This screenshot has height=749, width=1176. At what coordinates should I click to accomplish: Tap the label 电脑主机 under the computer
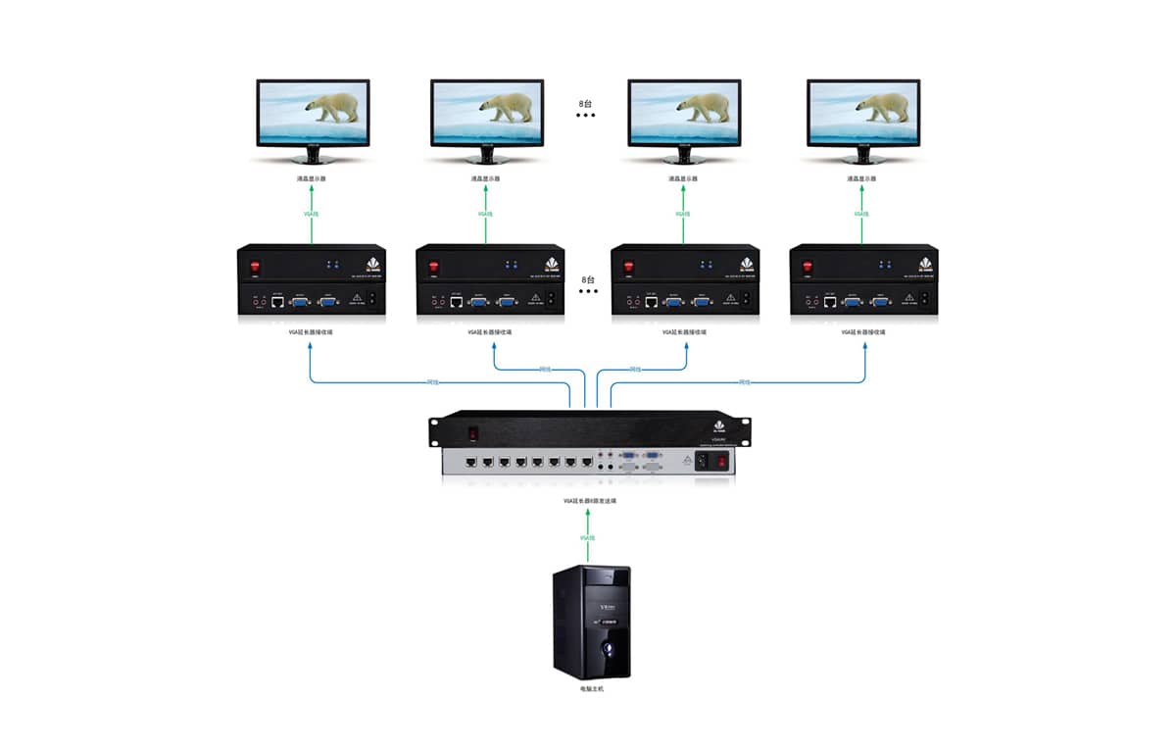pyautogui.click(x=590, y=690)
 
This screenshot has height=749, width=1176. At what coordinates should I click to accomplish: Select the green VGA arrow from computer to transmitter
pyautogui.click(x=588, y=536)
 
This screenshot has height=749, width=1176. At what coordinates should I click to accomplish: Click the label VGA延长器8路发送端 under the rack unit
pyautogui.click(x=589, y=501)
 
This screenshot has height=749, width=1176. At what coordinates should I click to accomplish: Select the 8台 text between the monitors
pyautogui.click(x=586, y=102)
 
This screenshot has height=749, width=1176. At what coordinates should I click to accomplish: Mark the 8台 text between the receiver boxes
pyautogui.click(x=587, y=278)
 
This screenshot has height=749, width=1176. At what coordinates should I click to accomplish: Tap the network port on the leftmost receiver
pyautogui.click(x=277, y=301)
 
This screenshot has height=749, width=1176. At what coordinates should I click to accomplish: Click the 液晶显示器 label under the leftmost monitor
pyautogui.click(x=310, y=178)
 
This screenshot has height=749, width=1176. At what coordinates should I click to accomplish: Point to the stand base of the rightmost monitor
pyautogui.click(x=862, y=158)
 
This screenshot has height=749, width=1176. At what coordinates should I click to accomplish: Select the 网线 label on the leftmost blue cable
pyautogui.click(x=433, y=381)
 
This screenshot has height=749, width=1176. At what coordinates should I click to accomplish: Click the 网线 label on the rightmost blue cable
pyautogui.click(x=744, y=381)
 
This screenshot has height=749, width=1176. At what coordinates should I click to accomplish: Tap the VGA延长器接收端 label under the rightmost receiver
pyautogui.click(x=862, y=332)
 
